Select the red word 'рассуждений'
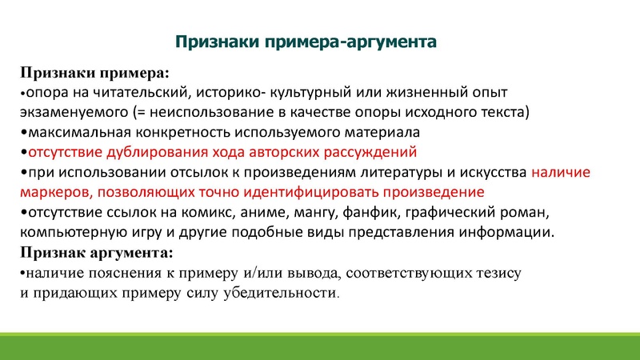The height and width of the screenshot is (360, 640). point(374,151)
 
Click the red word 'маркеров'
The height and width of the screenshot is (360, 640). point(50,192)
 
